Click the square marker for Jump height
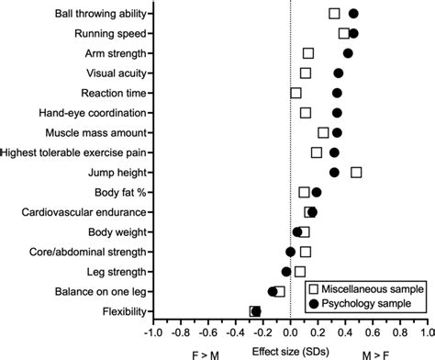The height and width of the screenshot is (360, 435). [x=356, y=172]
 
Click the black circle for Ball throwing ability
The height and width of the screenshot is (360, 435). [x=353, y=14]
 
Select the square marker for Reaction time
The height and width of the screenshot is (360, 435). [x=296, y=93]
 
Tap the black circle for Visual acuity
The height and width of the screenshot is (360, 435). [x=338, y=73]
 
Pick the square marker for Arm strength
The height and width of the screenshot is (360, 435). [x=308, y=53]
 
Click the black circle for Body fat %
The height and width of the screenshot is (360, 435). [x=317, y=192]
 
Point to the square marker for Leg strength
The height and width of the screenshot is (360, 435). [x=300, y=271]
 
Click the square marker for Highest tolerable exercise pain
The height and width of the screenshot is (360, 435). [x=317, y=152]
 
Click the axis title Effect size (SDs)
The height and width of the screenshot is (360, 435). [x=290, y=351]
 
